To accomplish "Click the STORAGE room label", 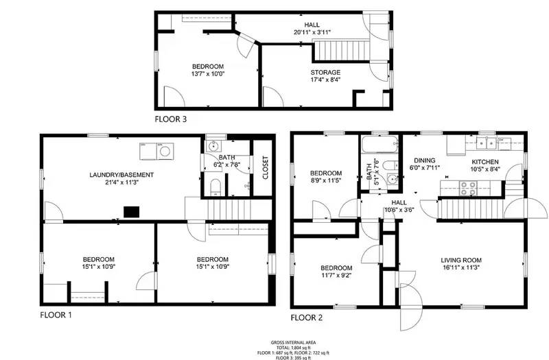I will (325, 72).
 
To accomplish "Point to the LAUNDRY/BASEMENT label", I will (121, 175).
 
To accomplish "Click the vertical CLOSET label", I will (265, 168).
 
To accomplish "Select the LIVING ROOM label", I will (461, 260).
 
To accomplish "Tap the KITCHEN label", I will (484, 162).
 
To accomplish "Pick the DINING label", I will (424, 160).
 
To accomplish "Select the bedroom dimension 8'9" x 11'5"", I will (325, 181).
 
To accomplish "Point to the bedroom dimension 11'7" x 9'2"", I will (336, 276).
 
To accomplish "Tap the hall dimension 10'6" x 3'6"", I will (399, 211).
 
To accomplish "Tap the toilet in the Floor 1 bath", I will (214, 186).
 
